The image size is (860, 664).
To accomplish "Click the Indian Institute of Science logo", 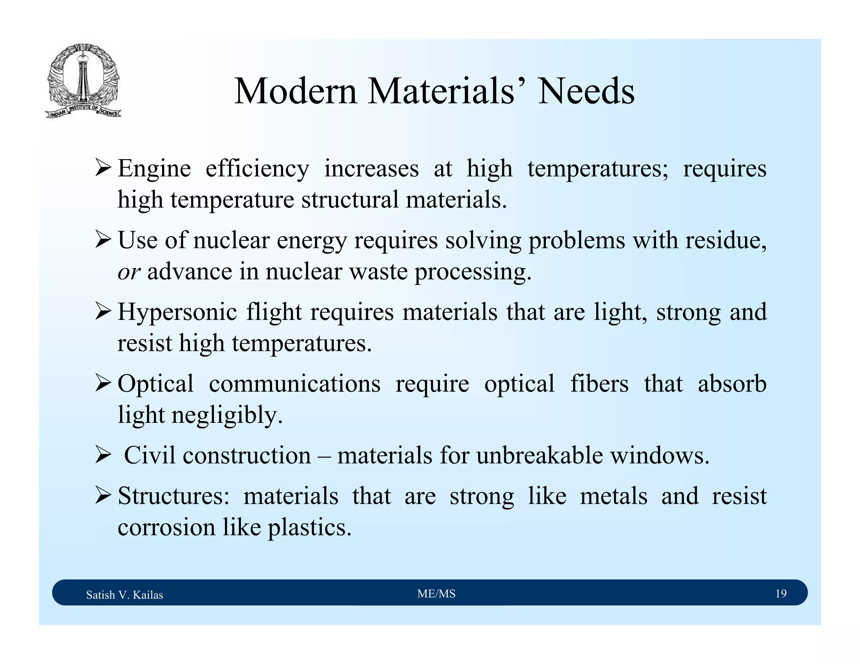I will (x=83, y=81).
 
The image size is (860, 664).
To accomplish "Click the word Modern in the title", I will (x=295, y=91).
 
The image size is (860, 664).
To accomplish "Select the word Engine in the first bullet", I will (x=154, y=169).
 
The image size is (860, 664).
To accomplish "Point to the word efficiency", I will (x=257, y=169).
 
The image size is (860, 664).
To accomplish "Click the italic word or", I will (x=128, y=272).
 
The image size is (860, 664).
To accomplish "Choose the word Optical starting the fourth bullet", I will (x=155, y=384).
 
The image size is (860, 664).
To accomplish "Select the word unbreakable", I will (x=539, y=456).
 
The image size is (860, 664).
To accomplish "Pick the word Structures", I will (x=173, y=496).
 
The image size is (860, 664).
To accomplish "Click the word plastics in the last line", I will (x=309, y=528).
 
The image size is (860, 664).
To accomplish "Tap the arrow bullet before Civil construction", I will (x=103, y=455).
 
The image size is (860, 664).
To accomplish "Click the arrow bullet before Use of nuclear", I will (x=103, y=240).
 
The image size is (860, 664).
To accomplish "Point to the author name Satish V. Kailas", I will (x=124, y=595).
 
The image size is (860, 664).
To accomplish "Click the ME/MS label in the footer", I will (x=436, y=593).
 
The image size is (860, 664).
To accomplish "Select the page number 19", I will (x=781, y=593).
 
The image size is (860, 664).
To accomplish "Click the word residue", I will (x=726, y=241).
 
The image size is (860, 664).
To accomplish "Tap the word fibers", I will (x=599, y=384).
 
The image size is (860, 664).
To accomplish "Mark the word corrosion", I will (x=166, y=528).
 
